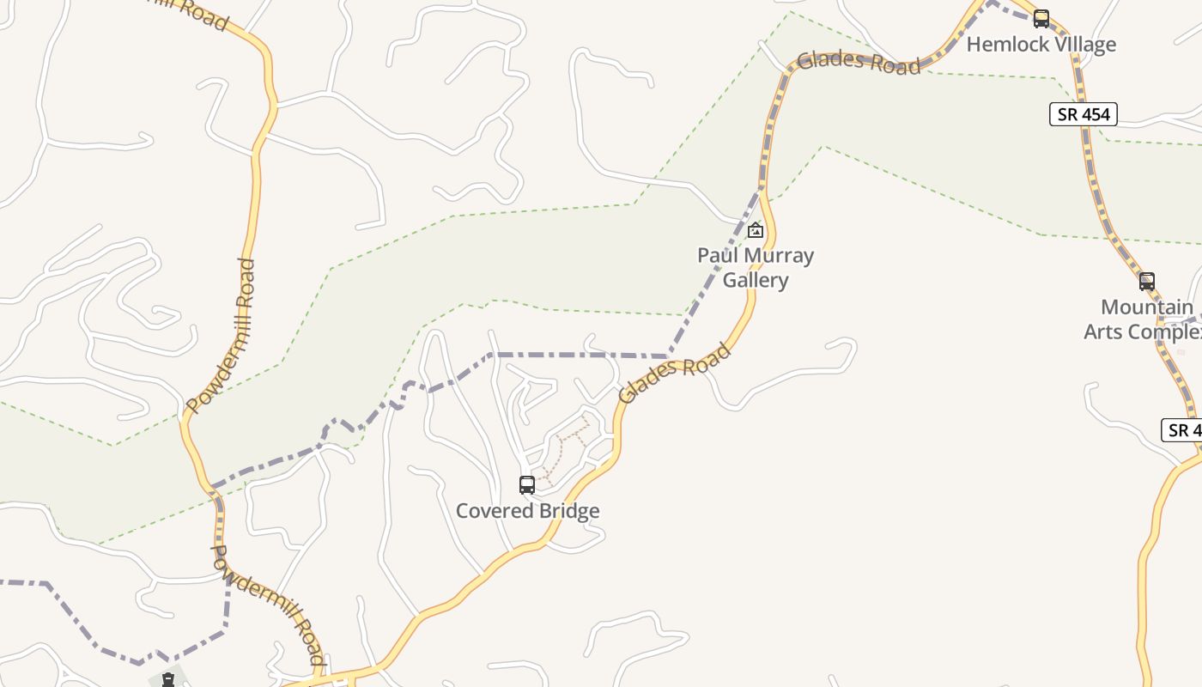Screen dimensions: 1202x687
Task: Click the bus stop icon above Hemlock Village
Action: pyautogui.click(x=1041, y=18)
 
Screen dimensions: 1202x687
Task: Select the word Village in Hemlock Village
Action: pyautogui.click(x=1082, y=44)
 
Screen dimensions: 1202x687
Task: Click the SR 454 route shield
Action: pyautogui.click(x=1083, y=114)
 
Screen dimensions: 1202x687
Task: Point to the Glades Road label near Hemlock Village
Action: pyautogui.click(x=858, y=63)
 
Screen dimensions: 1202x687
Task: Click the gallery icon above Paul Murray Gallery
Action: pyautogui.click(x=756, y=230)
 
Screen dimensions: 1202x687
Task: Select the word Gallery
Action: pyautogui.click(x=756, y=280)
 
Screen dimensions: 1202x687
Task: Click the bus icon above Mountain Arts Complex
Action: pyautogui.click(x=1147, y=281)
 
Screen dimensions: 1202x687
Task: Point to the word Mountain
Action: pyautogui.click(x=1147, y=307)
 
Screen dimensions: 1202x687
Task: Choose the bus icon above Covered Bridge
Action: pyautogui.click(x=527, y=485)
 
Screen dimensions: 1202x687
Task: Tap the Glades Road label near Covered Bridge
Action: pyautogui.click(x=675, y=373)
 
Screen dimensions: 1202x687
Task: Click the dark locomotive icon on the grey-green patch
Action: pyautogui.click(x=169, y=680)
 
